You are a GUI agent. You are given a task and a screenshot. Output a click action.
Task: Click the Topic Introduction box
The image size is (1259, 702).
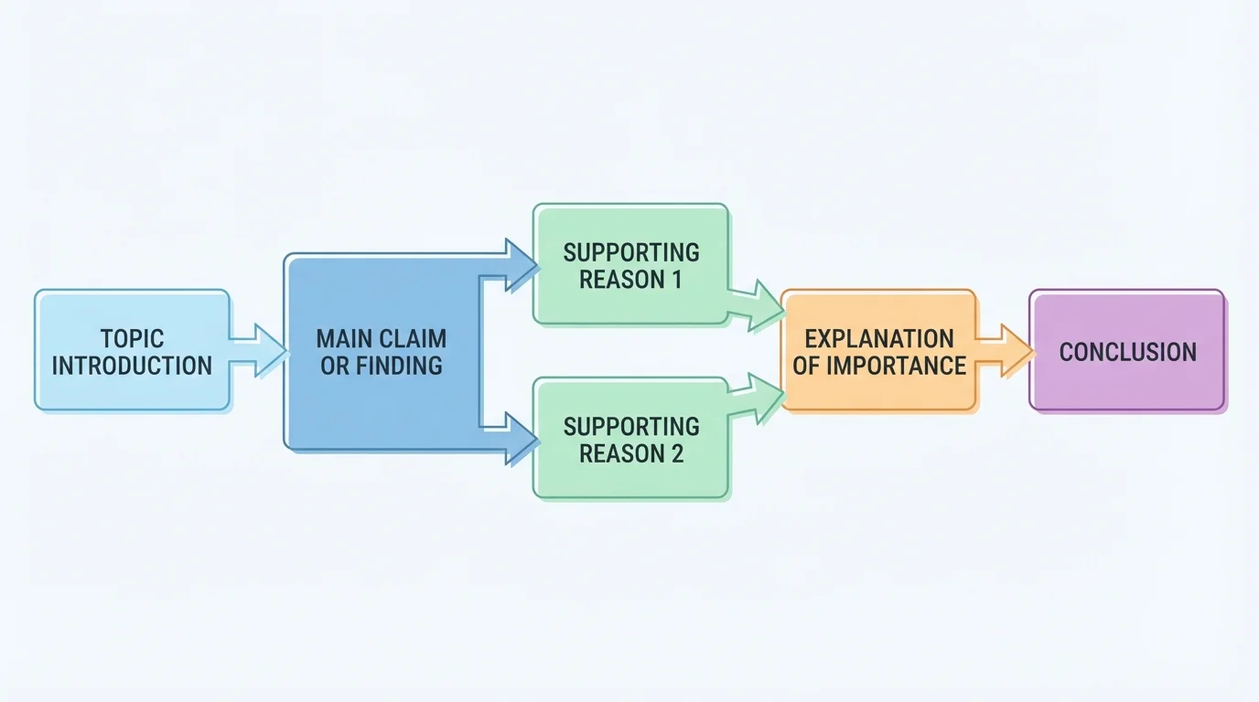click(132, 350)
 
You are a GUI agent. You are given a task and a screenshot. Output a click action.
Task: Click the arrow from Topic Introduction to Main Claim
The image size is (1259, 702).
click(259, 351)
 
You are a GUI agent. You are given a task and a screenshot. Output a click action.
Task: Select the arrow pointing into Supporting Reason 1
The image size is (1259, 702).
click(508, 265)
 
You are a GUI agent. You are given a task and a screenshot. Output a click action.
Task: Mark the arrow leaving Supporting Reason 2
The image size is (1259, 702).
click(757, 399)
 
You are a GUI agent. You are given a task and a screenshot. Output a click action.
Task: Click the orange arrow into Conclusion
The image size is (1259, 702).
click(1004, 351)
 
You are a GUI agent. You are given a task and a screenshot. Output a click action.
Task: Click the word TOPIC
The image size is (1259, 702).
click(132, 338)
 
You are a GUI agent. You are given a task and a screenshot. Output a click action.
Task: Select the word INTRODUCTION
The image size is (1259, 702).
click(132, 367)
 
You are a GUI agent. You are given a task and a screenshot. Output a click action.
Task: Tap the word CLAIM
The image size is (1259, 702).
click(414, 338)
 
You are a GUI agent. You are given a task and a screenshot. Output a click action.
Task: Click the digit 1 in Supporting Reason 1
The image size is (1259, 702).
click(677, 280)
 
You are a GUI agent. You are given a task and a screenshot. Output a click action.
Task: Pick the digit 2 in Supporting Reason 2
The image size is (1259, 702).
click(676, 454)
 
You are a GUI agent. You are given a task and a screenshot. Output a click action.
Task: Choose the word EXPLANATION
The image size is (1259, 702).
click(879, 338)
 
